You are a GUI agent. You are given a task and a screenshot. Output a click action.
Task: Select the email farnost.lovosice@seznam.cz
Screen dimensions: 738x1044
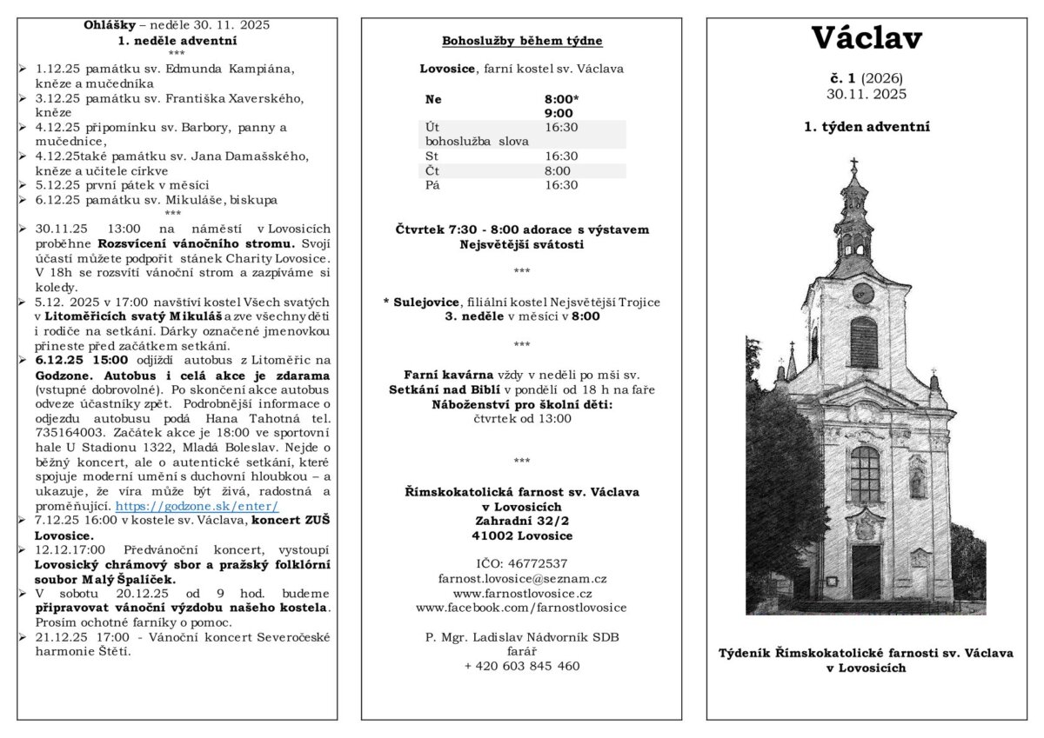click(x=522, y=578)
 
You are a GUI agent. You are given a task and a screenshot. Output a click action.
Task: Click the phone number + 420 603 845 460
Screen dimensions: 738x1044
click(x=522, y=666)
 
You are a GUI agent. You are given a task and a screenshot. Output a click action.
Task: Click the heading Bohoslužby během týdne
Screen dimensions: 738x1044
click(x=522, y=41)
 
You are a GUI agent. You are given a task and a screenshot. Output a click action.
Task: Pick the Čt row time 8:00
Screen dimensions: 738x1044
click(x=558, y=171)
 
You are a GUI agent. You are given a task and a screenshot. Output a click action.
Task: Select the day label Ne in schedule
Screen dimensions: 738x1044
click(x=433, y=99)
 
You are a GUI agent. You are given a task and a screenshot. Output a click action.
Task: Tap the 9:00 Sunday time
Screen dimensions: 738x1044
click(x=559, y=113)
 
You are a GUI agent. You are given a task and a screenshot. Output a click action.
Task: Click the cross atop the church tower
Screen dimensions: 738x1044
click(x=853, y=164)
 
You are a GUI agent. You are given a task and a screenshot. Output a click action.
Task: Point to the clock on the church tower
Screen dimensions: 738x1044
click(x=862, y=292)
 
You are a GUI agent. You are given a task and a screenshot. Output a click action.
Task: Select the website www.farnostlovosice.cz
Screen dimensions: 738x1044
click(x=522, y=593)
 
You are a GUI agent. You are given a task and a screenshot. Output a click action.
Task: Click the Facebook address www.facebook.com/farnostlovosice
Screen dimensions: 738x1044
click(x=522, y=608)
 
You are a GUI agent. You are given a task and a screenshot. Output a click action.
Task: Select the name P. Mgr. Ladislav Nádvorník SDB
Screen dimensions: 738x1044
click(x=522, y=637)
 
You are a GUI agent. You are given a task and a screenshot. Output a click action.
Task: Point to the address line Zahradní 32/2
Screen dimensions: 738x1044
click(x=522, y=521)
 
